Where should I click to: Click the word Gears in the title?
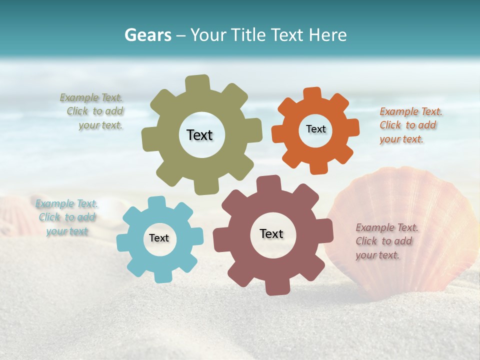[x=147, y=35]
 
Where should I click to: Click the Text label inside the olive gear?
[x=199, y=135]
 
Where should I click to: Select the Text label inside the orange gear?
[x=315, y=129]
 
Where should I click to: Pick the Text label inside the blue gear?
[x=159, y=238]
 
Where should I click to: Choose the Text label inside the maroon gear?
[x=271, y=233]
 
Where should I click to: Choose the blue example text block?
[x=67, y=217]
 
